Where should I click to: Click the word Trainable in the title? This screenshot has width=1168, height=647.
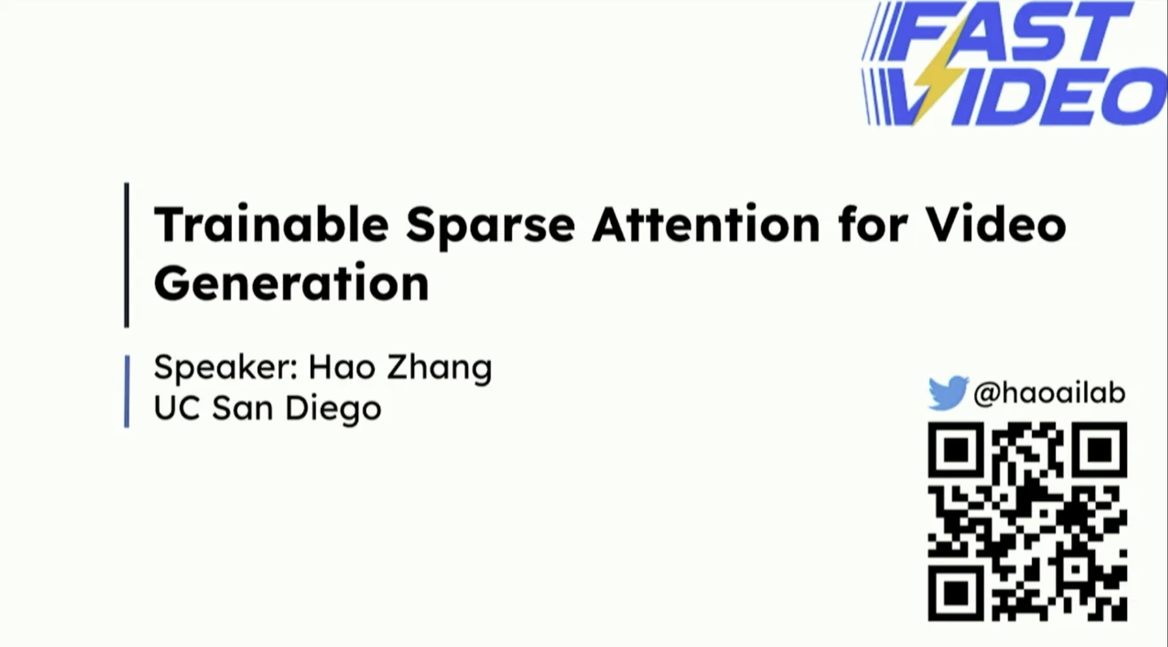[x=271, y=225]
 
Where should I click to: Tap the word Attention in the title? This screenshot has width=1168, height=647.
[x=706, y=225]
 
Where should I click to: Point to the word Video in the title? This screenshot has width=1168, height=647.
[x=995, y=225]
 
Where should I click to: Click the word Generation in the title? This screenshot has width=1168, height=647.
[x=291, y=283]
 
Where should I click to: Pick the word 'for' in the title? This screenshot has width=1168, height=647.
[x=872, y=225]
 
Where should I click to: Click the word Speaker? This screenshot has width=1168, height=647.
[x=225, y=368]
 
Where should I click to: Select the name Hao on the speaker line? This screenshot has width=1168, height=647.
[x=341, y=366]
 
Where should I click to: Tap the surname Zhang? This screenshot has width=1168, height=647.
[x=439, y=368]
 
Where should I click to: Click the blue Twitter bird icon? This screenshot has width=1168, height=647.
[x=948, y=393]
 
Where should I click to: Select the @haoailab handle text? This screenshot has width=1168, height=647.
[x=1049, y=393]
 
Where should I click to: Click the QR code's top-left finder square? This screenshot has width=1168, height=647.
[x=956, y=451]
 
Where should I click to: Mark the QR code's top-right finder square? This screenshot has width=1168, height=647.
[x=1099, y=451]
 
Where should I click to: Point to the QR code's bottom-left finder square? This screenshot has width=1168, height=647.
[x=956, y=592]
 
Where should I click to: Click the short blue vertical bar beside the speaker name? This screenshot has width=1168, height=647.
[x=127, y=391]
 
